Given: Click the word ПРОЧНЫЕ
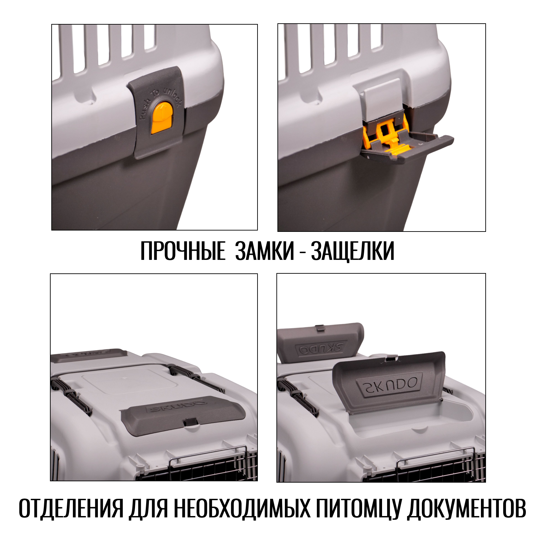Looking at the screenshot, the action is click(183, 251).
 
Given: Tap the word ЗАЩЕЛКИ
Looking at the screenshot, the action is click(353, 251).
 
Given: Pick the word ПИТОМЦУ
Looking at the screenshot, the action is click(358, 508).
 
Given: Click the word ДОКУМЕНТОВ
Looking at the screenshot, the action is click(466, 508).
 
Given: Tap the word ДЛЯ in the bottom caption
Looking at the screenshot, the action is click(148, 508).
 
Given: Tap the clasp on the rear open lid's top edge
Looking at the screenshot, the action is click(320, 328).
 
